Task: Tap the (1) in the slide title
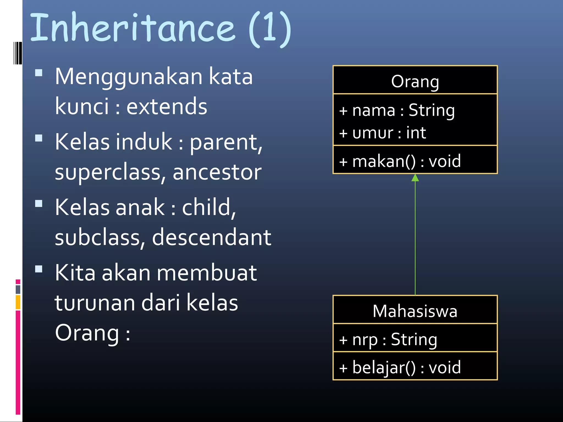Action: click(x=270, y=29)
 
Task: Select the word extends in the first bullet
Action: click(x=167, y=107)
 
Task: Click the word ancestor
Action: click(x=217, y=172)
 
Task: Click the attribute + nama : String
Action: click(x=397, y=110)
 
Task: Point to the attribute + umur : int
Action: click(x=382, y=133)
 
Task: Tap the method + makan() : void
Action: click(x=400, y=161)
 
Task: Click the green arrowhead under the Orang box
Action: click(x=415, y=178)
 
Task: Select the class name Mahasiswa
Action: click(x=415, y=311)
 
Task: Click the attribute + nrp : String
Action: click(x=388, y=340)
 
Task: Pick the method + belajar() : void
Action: click(x=400, y=368)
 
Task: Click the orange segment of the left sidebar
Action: click(x=18, y=302)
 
